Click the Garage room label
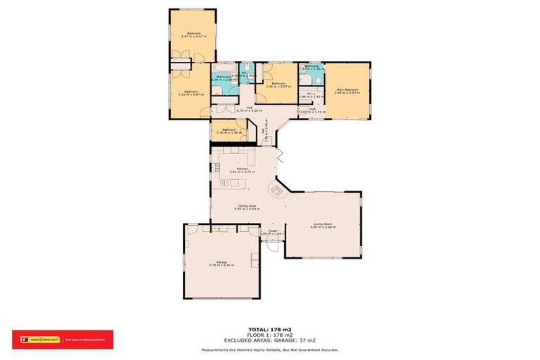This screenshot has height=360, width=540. [x=221, y=262]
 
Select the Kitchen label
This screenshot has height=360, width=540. [x=242, y=169]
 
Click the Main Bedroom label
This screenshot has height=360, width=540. [x=347, y=90]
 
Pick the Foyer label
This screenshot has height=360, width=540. [x=272, y=231]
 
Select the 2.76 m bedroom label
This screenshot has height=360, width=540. [x=228, y=130]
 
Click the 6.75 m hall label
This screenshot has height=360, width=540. [x=249, y=109]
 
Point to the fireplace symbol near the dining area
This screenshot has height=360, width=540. [x=276, y=190]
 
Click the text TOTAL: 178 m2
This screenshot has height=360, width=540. [x=269, y=329]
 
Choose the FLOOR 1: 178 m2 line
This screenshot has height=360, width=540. [x=269, y=334]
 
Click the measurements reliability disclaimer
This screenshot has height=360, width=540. [x=269, y=349]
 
